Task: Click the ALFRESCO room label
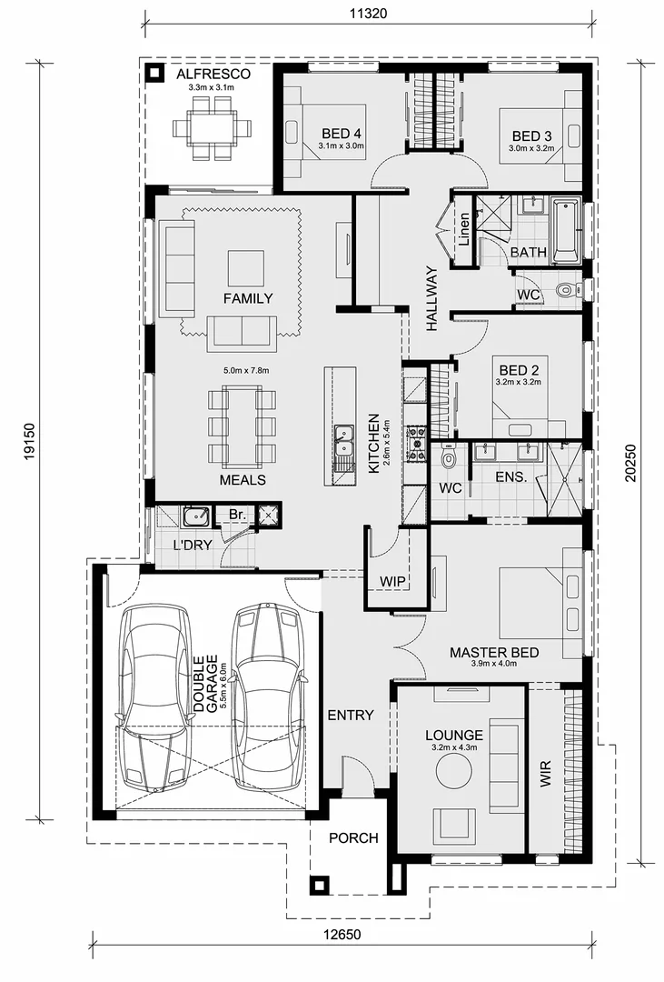click(x=213, y=73)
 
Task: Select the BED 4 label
click(x=341, y=133)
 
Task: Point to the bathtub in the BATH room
click(x=566, y=227)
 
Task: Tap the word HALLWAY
click(x=431, y=298)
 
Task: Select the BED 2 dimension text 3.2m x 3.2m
click(x=518, y=383)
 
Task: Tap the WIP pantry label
click(x=392, y=580)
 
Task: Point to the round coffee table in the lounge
click(x=453, y=772)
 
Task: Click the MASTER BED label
click(x=494, y=653)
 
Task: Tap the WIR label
click(x=545, y=773)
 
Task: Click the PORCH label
click(x=352, y=837)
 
